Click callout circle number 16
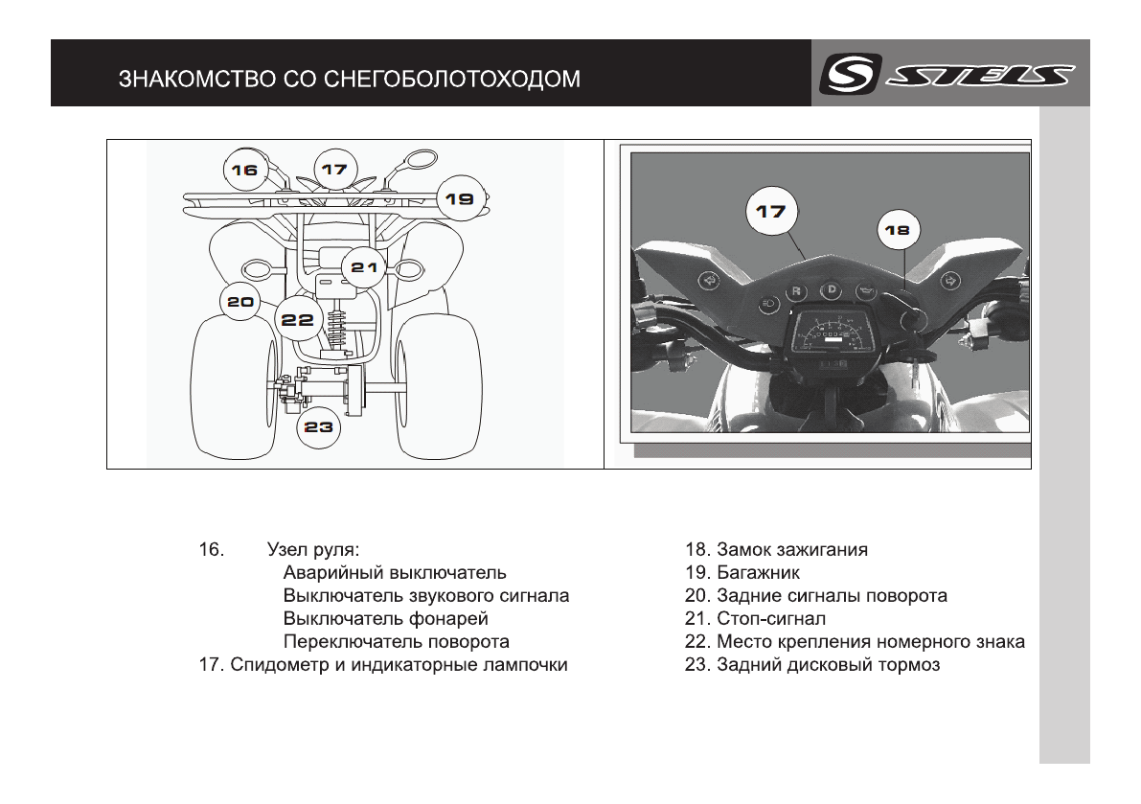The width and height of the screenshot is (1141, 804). coord(244,170)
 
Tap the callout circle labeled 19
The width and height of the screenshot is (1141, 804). coord(460,199)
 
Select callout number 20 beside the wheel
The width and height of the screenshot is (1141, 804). coord(240,302)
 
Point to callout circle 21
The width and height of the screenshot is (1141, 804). coord(364,267)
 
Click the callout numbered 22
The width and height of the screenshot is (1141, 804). coord(298,320)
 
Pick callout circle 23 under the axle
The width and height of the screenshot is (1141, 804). coord(319,427)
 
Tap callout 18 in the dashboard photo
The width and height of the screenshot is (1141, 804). coord(899,231)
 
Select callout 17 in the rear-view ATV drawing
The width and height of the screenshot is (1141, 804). coord(333,170)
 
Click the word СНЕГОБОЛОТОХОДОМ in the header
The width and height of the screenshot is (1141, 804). coord(450,79)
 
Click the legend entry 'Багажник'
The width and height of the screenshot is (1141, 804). coord(758,573)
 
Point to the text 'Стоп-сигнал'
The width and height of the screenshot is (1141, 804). coord(770,619)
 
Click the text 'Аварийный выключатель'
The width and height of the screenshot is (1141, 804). coord(395,573)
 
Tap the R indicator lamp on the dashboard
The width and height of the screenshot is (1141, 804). coord(796,292)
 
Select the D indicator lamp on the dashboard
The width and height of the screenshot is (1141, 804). coord(832,289)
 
